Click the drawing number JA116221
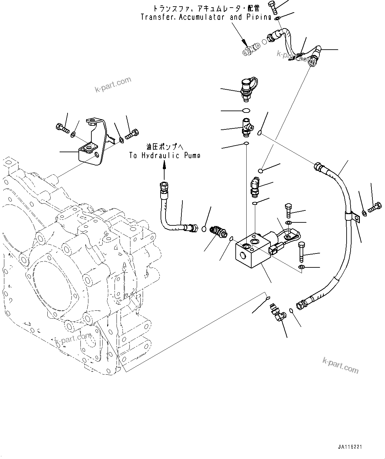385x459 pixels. tap(350, 447)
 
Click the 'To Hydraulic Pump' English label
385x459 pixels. tap(165, 156)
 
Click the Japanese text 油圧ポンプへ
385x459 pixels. tap(165, 146)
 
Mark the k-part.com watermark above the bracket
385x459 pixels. tap(113, 85)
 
